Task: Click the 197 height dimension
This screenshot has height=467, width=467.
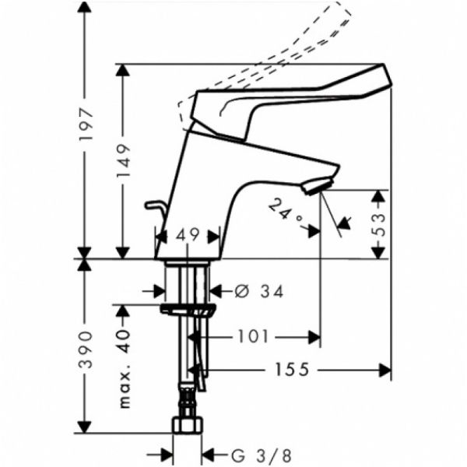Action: tap(86, 125)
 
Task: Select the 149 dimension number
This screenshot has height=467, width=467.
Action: tap(123, 161)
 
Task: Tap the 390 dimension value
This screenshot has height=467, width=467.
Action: tap(86, 349)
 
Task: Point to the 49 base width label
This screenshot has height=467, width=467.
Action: tap(187, 235)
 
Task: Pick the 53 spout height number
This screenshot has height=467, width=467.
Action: tap(378, 224)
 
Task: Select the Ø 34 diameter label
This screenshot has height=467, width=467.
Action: tap(259, 291)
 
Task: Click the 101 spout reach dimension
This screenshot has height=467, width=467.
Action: tap(253, 337)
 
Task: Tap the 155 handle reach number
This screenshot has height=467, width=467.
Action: tap(292, 370)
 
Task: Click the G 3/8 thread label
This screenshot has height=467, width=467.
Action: tap(262, 455)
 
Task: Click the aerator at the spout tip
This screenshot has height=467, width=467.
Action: tap(318, 185)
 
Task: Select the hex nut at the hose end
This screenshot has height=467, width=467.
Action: tap(188, 425)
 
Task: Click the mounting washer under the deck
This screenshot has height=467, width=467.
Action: tap(188, 309)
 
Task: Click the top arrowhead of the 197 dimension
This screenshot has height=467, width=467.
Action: tap(84, 5)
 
